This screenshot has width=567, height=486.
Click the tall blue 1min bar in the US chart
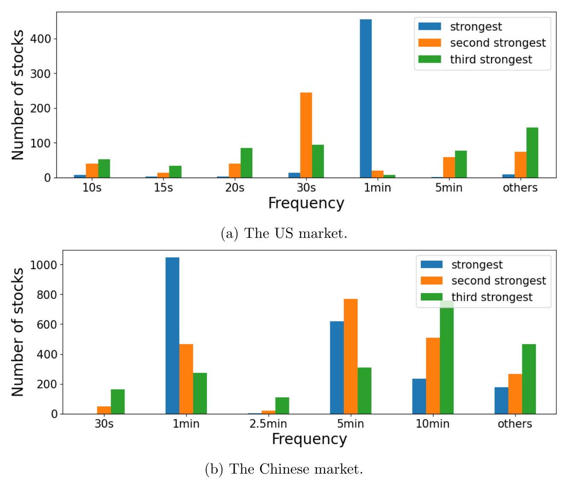pos(366,98)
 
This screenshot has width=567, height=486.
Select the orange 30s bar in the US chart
pos(306,135)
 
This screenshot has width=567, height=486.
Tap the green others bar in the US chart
pos(532,152)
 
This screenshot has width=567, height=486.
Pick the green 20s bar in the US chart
pos(246,163)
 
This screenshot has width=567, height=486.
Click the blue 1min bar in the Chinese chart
pos(172,336)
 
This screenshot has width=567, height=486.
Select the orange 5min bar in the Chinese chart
pos(351,357)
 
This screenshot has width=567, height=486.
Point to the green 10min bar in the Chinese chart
pos(447,359)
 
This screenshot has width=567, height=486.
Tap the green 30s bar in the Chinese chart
pos(118,401)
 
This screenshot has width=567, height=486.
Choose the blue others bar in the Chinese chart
pos(501,401)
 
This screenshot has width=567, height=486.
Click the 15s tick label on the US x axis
pos(163,188)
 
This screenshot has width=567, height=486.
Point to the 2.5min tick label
pos(268,424)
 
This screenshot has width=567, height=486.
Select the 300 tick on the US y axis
pos(41,73)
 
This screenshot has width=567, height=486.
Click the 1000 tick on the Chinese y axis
pos(44,265)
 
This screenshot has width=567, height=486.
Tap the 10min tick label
pos(433,424)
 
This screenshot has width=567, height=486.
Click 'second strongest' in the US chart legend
pos(497,43)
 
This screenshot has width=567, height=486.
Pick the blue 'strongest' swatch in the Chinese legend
pos(431,264)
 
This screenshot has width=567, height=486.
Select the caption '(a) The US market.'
pos(284,233)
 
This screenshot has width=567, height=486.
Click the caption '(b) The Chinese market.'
pos(284,469)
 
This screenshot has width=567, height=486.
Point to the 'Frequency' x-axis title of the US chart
pos(306,203)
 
